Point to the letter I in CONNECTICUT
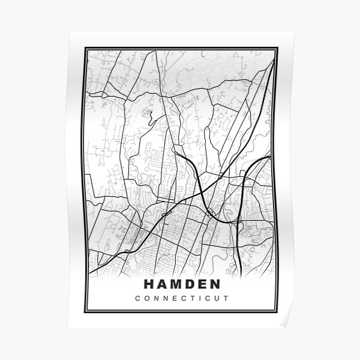point(199,298)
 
